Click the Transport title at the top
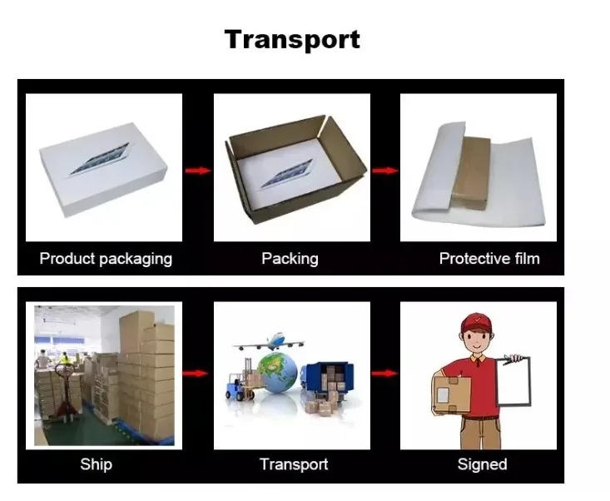[292, 40]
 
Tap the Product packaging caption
[106, 258]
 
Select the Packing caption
[290, 258]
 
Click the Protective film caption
[489, 258]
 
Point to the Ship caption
[96, 464]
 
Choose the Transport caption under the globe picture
[293, 464]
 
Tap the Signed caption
[482, 464]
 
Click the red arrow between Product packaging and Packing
[197, 171]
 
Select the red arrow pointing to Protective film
[384, 171]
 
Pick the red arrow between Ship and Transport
[197, 374]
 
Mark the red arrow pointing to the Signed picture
[384, 374]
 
